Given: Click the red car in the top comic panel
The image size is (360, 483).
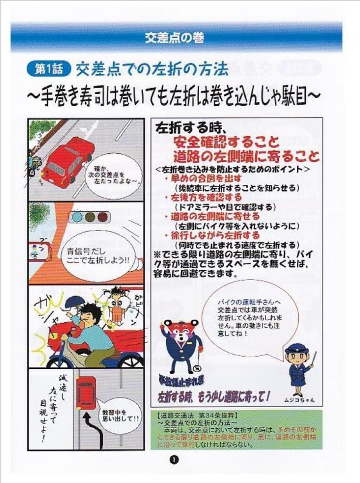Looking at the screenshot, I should click(x=69, y=158).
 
